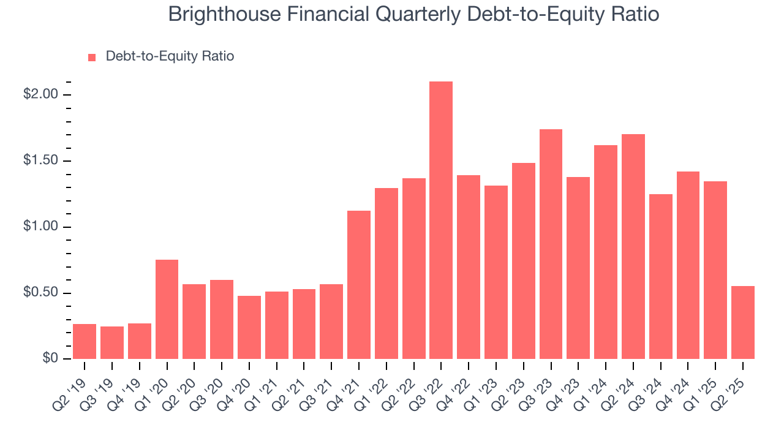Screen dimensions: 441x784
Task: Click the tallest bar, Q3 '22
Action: tap(441, 220)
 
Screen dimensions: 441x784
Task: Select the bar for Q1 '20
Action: tap(167, 309)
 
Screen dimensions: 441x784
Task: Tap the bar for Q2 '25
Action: tap(743, 322)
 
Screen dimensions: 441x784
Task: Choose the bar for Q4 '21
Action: tap(359, 285)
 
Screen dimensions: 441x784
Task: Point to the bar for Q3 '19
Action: tap(112, 342)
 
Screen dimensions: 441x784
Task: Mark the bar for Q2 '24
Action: tap(633, 246)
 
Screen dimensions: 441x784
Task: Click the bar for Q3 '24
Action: tap(661, 276)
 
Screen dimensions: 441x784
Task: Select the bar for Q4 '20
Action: tap(249, 327)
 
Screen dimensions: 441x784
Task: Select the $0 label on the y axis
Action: tap(50, 359)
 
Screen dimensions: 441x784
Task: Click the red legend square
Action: tap(92, 57)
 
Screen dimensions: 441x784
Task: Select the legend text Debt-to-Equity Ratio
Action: tap(170, 56)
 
